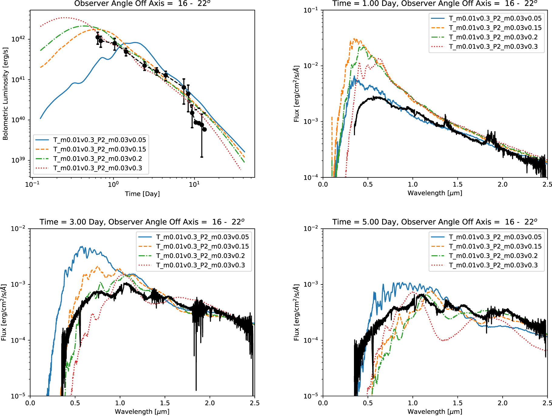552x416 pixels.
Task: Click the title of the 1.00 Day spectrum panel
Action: (435, 4)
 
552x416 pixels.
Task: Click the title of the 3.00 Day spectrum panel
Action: (142, 222)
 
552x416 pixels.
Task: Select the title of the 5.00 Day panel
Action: (435, 222)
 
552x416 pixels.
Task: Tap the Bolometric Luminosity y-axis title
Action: (5, 94)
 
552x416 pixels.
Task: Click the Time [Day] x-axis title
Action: (142, 194)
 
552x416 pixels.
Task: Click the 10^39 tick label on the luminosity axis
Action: (19, 160)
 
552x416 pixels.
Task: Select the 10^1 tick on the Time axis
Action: (194, 184)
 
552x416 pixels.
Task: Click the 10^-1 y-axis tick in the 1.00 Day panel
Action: (311, 10)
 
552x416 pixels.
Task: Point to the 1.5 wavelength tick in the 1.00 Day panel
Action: (458, 184)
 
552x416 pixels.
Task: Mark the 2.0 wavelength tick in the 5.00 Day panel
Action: (503, 403)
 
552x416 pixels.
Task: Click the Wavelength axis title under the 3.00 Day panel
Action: (142, 411)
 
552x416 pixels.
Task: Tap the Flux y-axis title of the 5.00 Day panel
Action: (297, 312)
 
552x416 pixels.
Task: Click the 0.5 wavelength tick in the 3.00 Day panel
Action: (75, 403)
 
